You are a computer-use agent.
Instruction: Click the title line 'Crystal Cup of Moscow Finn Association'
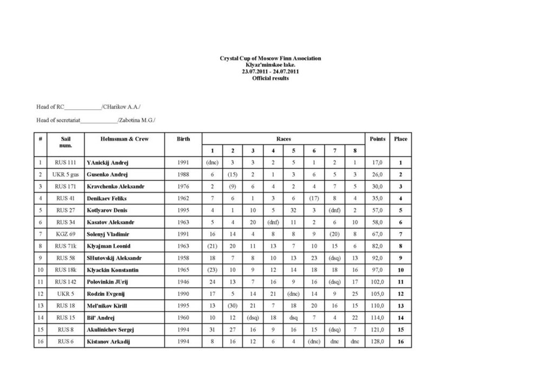tap(270, 58)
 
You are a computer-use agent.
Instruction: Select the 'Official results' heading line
tap(270, 78)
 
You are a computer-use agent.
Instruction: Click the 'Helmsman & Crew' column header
tap(124, 139)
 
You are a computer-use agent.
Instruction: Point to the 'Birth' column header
tap(183, 139)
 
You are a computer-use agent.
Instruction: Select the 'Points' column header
tap(377, 139)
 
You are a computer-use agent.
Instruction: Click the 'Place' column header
tap(400, 139)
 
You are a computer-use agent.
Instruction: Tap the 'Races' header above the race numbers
tap(283, 139)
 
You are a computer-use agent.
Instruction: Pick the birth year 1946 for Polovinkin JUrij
tap(183, 281)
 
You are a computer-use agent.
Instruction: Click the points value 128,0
tap(377, 341)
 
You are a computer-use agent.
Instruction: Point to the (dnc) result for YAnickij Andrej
tap(212, 162)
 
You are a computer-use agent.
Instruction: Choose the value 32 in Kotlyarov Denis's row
tap(293, 210)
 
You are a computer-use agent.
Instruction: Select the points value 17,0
tap(377, 162)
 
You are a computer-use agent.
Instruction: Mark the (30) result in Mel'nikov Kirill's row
tap(233, 306)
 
